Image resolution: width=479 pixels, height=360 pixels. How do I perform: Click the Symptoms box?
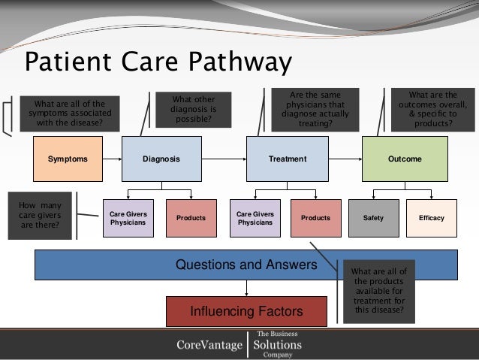tap(67, 159)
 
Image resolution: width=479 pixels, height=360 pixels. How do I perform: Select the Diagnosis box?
tap(162, 159)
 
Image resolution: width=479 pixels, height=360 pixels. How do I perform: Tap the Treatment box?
tap(288, 159)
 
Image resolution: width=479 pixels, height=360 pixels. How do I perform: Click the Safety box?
tap(373, 218)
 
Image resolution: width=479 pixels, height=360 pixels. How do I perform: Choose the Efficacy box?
tap(432, 218)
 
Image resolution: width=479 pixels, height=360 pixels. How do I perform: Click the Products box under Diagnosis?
tap(191, 218)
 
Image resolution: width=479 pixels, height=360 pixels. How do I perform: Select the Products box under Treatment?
tap(315, 218)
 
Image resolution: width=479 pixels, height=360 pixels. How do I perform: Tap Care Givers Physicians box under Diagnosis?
tap(128, 218)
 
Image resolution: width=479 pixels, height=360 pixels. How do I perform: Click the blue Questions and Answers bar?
tap(246, 265)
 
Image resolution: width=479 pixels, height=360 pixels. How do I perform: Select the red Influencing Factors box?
tap(246, 310)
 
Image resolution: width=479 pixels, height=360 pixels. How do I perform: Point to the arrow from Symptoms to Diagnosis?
tap(112, 159)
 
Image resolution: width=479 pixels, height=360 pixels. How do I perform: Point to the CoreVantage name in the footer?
tap(209, 345)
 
